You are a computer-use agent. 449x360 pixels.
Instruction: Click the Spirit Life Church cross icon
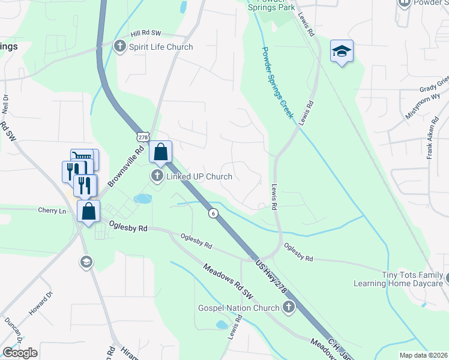click(119, 46)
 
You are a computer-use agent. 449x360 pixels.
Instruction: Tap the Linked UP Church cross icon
click(157, 176)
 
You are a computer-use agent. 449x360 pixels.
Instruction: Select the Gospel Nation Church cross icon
click(289, 308)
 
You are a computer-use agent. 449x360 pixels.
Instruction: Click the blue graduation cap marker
click(342, 52)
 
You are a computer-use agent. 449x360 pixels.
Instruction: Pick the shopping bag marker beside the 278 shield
click(160, 152)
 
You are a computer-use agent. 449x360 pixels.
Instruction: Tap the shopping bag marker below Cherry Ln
click(88, 212)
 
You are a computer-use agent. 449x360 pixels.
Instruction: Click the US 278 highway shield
click(143, 137)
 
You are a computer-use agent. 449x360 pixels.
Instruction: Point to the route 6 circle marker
click(213, 213)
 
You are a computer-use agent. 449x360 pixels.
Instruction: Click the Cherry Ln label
click(52, 211)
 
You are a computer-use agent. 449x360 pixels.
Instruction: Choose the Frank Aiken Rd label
click(430, 146)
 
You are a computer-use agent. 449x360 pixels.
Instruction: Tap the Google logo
click(20, 352)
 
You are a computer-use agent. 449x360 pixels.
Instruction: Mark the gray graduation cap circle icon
click(86, 262)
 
